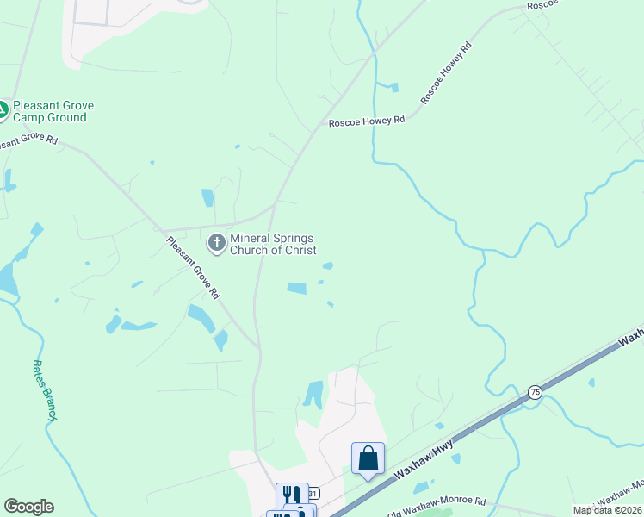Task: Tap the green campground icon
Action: coord(3,110)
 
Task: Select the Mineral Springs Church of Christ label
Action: coord(272,244)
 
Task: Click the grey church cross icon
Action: coord(217,243)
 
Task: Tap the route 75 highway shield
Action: coord(535,392)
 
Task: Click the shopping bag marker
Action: coord(368,458)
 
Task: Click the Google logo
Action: coord(28,507)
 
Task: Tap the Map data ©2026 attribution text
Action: coord(607,510)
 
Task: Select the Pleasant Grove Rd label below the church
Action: coord(194,267)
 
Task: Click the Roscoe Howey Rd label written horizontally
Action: coord(366,122)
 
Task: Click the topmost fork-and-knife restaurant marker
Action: coord(292,495)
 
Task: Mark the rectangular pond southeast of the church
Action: coord(296,289)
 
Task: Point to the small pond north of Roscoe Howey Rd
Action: coord(394,87)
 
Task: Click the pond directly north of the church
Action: coord(207,197)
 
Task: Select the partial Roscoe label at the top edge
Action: coord(543,4)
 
